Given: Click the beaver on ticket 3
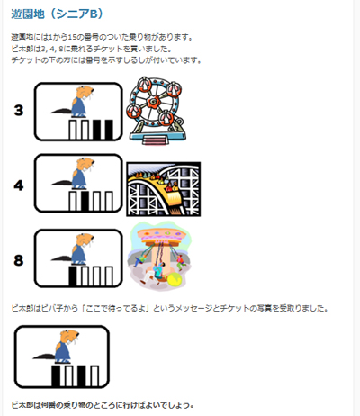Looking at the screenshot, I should coord(76,103).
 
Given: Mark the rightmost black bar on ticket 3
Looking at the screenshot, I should coord(108,131).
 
